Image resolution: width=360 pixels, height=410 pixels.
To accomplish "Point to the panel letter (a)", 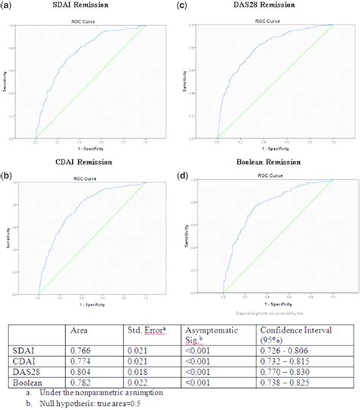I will pyautogui.click(x=8, y=5).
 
